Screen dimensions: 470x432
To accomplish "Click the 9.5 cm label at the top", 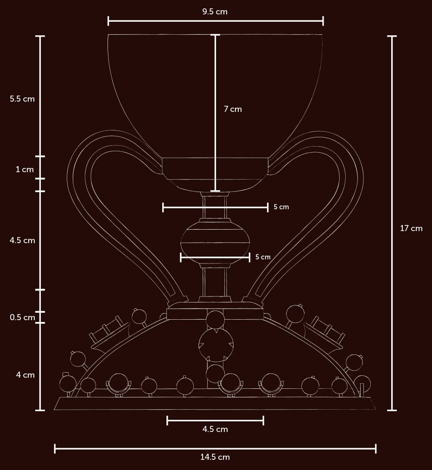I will pos(215,12).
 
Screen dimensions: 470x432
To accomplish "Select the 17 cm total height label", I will pos(411,228).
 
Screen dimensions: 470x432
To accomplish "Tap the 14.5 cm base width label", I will pos(215,457).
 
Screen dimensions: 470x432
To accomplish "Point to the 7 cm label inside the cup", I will pos(233,109).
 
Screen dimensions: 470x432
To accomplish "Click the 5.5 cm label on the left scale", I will pos(22,99).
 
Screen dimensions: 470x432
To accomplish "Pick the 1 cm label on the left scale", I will pos(25,169).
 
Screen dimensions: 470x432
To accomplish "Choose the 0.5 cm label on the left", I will pos(22,318).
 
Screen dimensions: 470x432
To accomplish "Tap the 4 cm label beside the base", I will pos(25,375).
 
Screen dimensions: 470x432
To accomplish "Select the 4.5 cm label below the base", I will pos(215,429).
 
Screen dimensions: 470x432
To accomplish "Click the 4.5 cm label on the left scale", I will pos(22,240).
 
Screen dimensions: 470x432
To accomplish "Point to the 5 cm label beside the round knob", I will pos(263,257).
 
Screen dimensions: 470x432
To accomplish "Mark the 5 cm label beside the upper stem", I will pos(281,207).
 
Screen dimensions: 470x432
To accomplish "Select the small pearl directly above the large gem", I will pos(215,320).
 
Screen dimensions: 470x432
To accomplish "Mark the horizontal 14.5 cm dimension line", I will pos(139,448).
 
